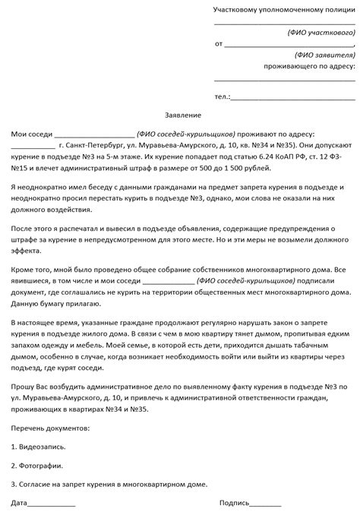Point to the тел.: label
click(x=222, y=96)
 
